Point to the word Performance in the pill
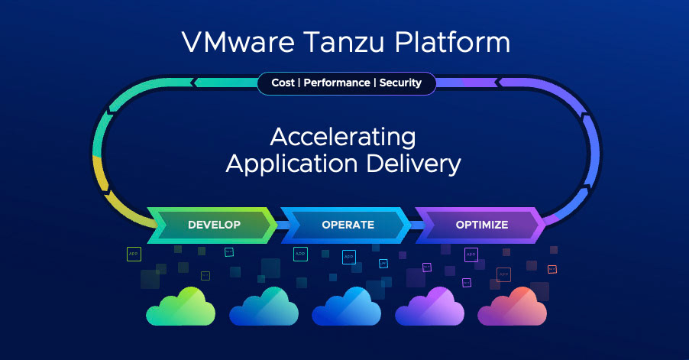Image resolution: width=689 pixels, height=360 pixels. tap(338, 83)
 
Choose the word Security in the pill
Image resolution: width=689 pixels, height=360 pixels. tap(401, 83)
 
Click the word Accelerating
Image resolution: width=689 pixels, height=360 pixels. tap(343, 138)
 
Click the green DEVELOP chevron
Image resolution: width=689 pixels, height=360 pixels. tap(213, 225)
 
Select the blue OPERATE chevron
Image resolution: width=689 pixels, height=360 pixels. tap(348, 225)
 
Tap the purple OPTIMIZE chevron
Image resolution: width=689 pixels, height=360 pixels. tap(482, 225)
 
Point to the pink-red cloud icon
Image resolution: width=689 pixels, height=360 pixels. tap(511, 306)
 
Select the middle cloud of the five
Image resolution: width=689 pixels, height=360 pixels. tap(345, 306)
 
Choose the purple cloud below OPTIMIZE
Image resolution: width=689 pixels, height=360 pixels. tap(429, 306)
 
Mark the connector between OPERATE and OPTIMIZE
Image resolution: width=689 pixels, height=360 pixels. tap(414, 225)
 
